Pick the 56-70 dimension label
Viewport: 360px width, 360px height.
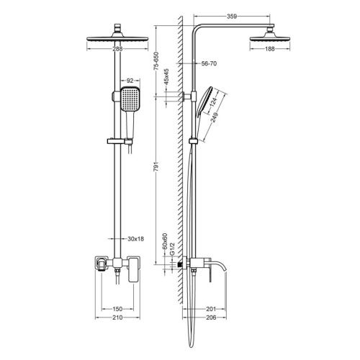[x=209, y=64]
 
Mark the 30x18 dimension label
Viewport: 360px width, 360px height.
[x=134, y=238]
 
